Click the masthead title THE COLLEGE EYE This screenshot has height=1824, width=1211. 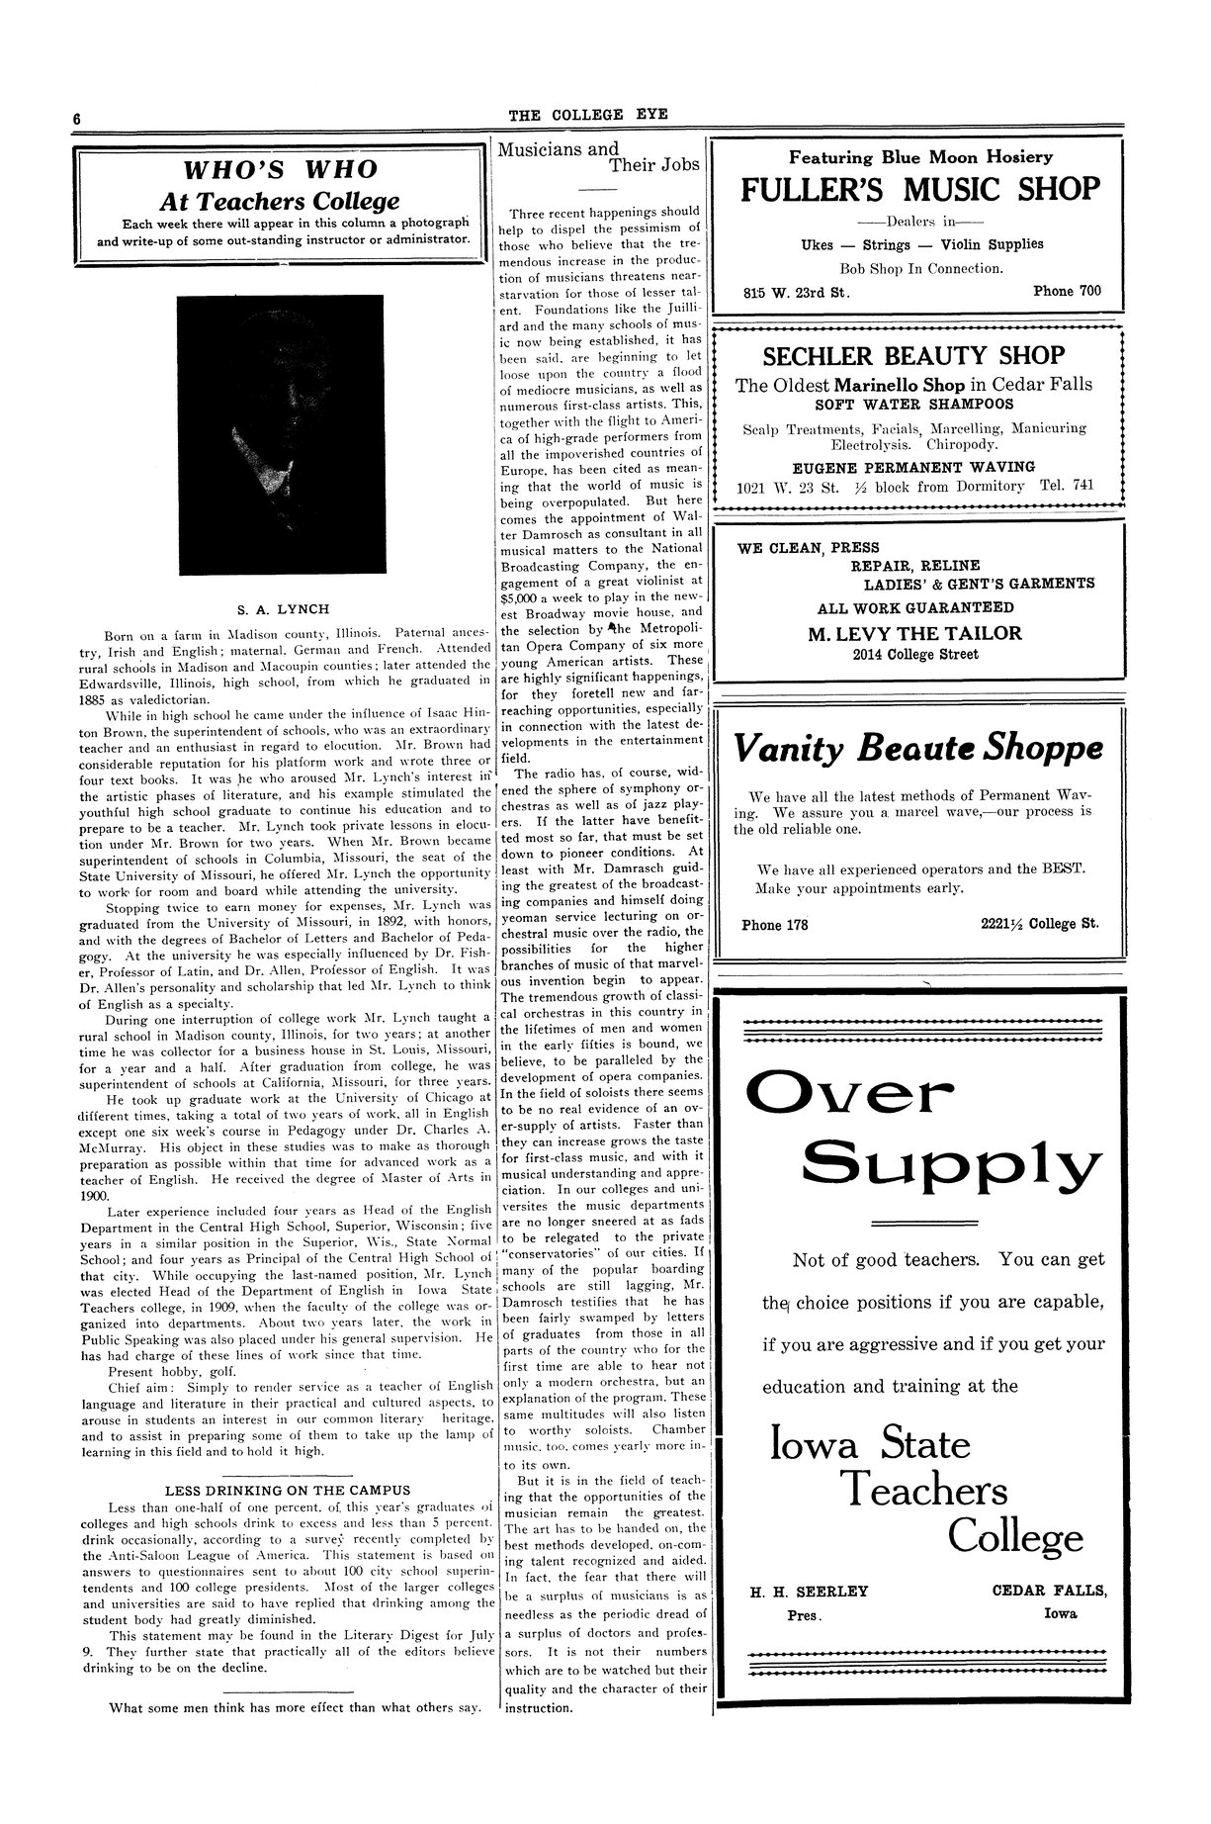click(588, 115)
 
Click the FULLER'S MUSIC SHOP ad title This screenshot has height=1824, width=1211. click(920, 189)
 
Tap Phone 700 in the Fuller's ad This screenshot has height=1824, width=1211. click(1066, 292)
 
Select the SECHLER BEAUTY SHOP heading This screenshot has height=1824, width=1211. click(913, 355)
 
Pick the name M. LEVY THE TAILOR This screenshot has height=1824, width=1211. click(914, 633)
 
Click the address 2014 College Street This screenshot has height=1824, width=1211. click(914, 655)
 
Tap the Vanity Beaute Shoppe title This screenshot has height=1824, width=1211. click(919, 749)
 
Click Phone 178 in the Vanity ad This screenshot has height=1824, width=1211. click(774, 925)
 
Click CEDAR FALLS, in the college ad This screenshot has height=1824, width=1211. click(1049, 1592)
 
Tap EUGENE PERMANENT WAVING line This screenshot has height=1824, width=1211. click(913, 467)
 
